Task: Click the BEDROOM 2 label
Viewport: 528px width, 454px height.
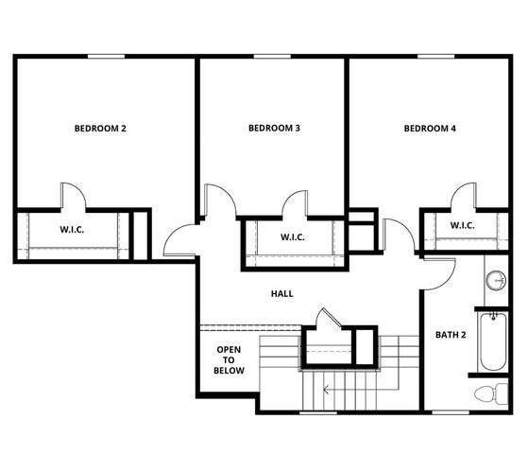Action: (x=100, y=128)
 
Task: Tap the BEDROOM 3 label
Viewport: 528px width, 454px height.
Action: (x=274, y=128)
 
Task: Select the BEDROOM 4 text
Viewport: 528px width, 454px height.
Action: (x=430, y=128)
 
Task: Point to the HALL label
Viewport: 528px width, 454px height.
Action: (x=281, y=293)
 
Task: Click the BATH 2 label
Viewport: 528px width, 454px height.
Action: (x=450, y=335)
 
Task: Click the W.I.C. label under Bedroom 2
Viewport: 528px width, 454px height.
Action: (x=74, y=229)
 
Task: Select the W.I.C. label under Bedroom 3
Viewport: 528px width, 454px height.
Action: (x=292, y=236)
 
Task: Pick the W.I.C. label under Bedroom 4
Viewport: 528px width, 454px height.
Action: (x=462, y=225)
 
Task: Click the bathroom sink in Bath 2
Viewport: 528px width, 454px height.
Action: (x=496, y=282)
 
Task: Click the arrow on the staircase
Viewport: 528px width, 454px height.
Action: (x=326, y=388)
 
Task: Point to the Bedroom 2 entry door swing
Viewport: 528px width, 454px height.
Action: (x=179, y=241)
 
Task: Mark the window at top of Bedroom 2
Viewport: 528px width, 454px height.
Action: (x=107, y=56)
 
